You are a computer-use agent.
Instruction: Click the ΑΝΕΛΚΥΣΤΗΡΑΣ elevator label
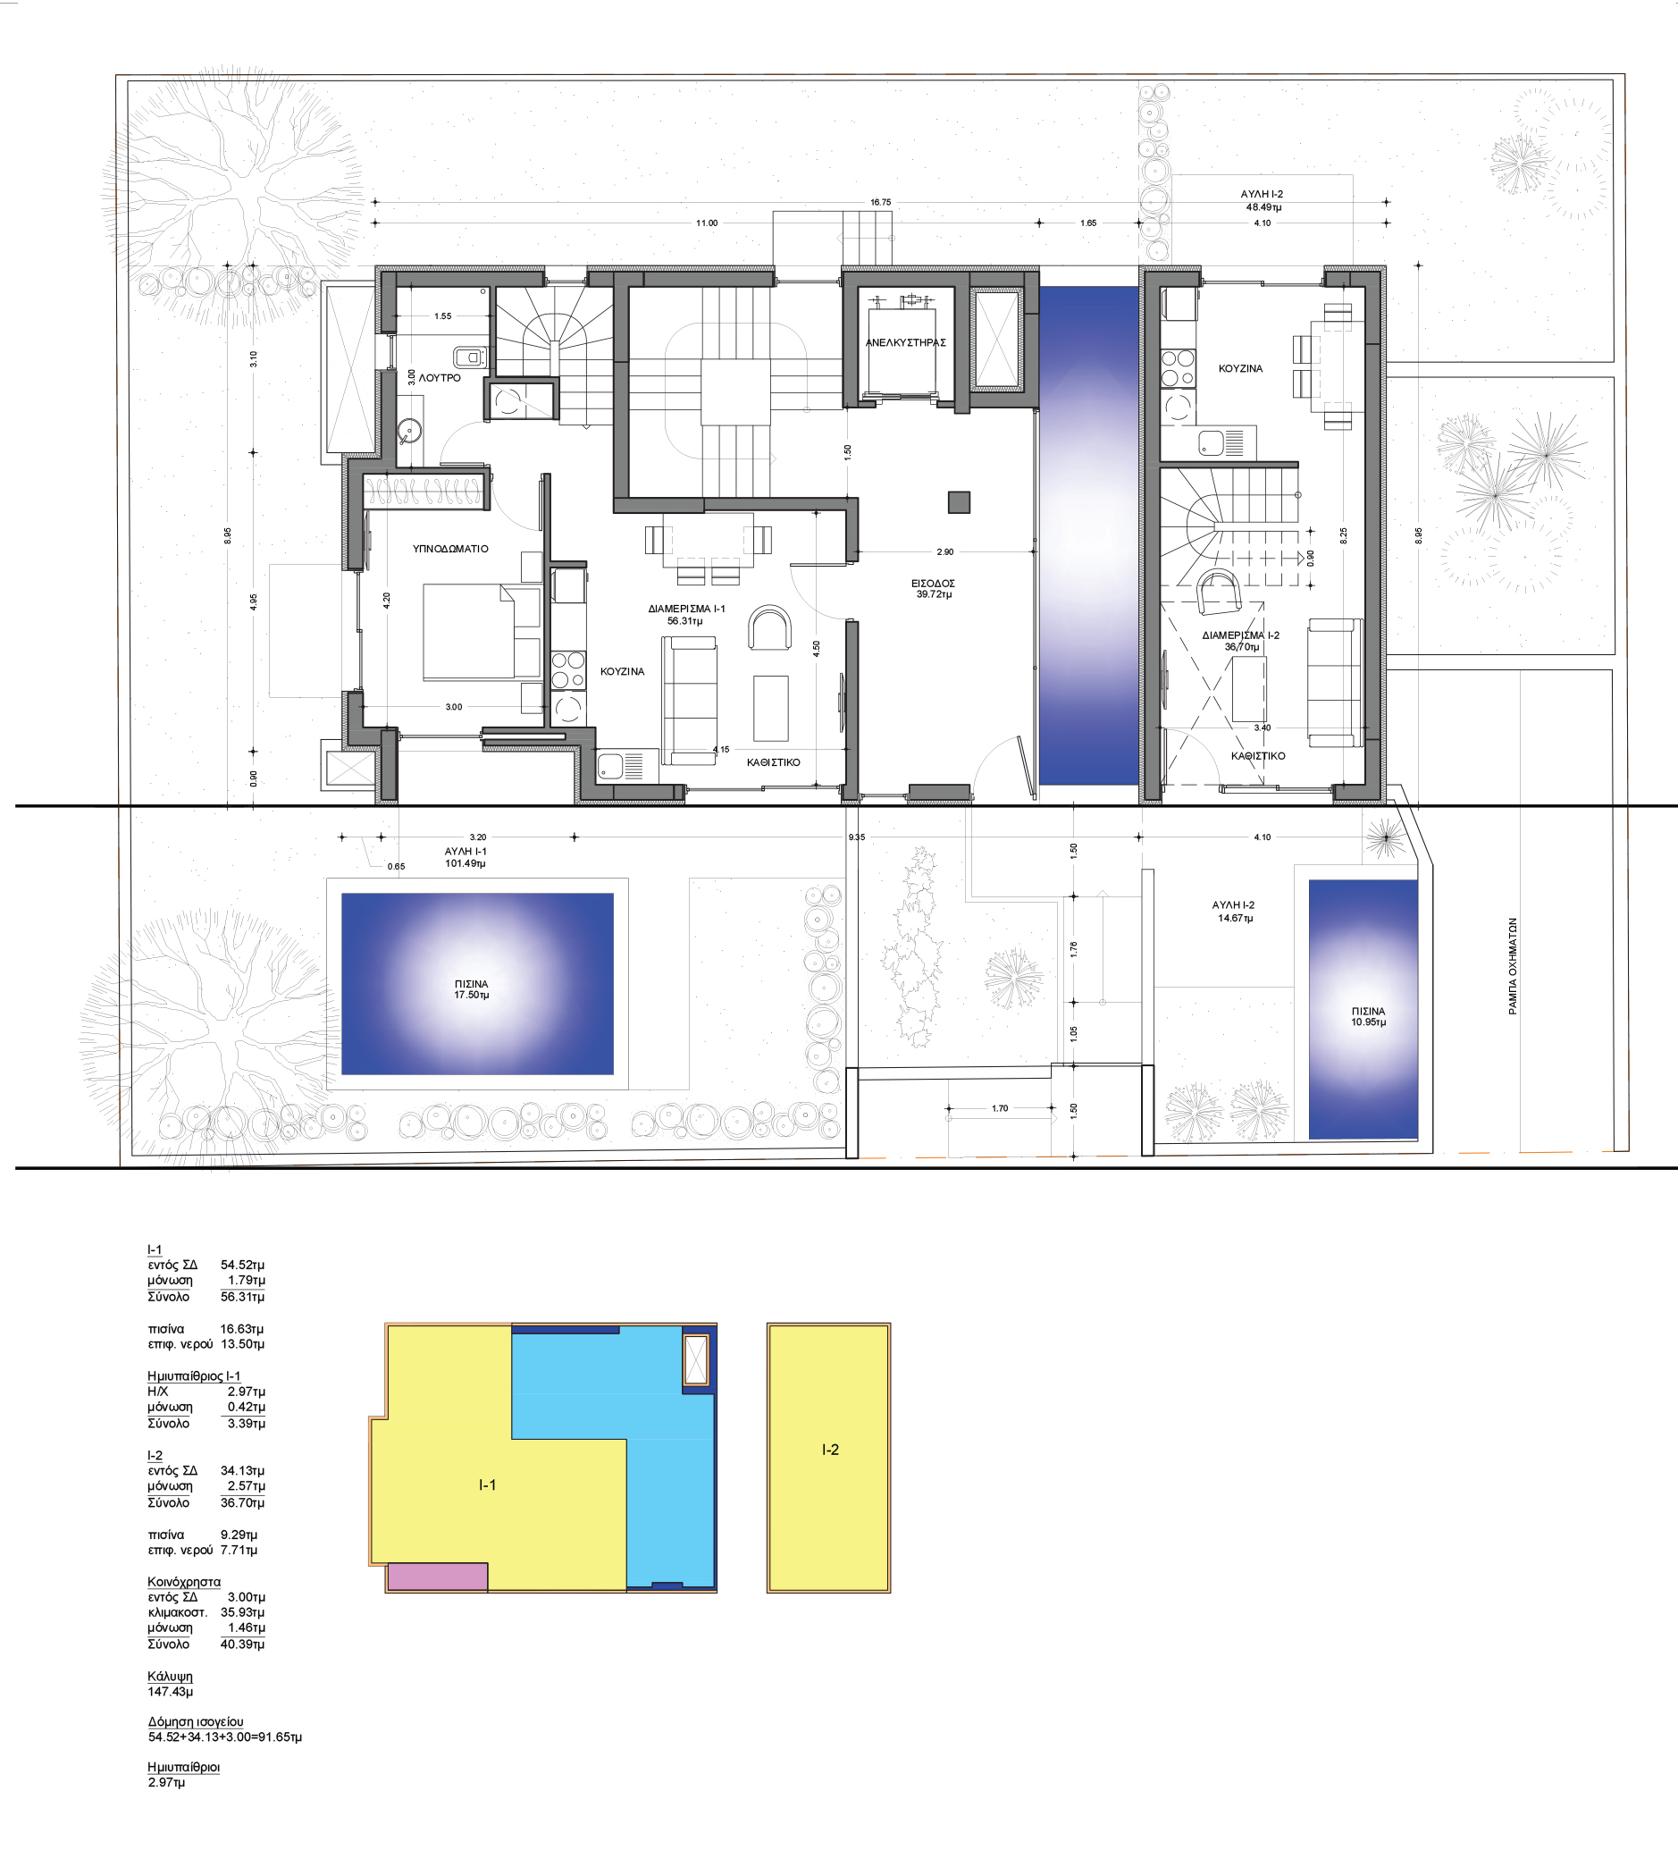click(x=905, y=342)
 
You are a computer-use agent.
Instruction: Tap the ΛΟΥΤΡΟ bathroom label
click(x=440, y=378)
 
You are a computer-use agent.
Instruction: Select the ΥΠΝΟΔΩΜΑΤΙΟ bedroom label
click(x=451, y=549)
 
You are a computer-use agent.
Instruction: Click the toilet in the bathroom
click(x=470, y=357)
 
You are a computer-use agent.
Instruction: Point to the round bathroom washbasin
click(x=410, y=430)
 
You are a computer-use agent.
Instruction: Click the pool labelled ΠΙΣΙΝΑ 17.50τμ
click(x=478, y=984)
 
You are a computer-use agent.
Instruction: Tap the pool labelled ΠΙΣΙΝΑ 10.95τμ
click(x=1363, y=1010)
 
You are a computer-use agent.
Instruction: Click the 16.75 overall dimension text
click(x=880, y=202)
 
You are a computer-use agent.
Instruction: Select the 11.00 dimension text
click(x=707, y=223)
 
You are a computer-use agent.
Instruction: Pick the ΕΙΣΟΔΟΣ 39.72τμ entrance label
click(x=933, y=589)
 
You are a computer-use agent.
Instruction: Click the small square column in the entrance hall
click(x=959, y=501)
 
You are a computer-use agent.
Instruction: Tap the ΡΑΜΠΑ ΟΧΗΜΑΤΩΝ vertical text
click(x=1513, y=966)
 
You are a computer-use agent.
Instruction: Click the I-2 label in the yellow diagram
click(x=831, y=1451)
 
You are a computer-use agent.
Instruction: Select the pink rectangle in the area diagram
click(x=437, y=1577)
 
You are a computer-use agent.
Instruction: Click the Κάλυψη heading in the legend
click(x=171, y=1677)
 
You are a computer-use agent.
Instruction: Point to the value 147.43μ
click(x=171, y=1692)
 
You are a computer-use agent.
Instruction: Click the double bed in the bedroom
click(x=482, y=632)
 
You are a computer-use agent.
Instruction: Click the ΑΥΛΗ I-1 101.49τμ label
click(x=466, y=857)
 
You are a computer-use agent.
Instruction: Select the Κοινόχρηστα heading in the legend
click(x=184, y=1582)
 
